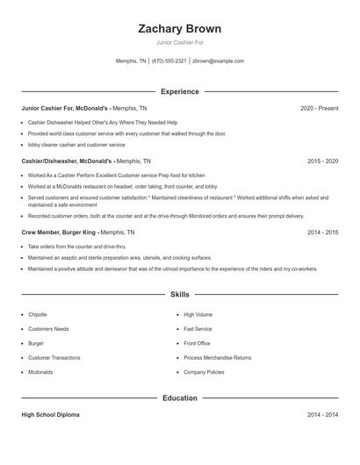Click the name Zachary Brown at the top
click(180, 29)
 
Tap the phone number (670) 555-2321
click(169, 61)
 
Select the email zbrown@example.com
click(218, 61)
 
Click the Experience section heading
click(180, 91)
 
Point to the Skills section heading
click(180, 295)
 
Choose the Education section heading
click(180, 397)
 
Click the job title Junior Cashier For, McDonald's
click(66, 108)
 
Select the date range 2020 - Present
click(319, 108)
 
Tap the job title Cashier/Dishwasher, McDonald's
click(67, 161)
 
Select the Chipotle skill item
click(38, 314)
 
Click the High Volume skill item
click(198, 314)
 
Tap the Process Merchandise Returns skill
click(217, 358)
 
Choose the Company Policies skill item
click(205, 372)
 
